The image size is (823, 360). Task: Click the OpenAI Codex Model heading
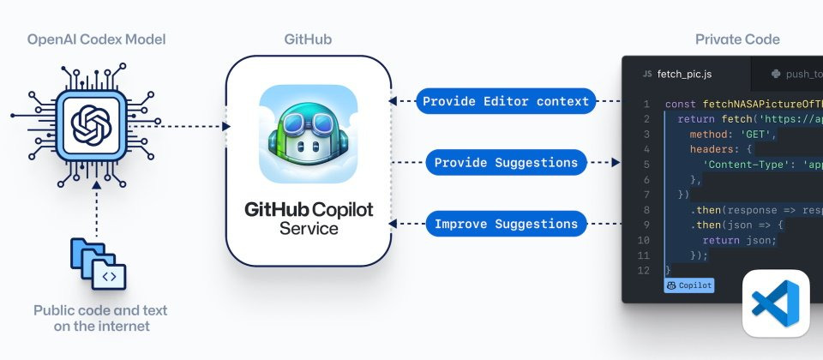pyautogui.click(x=97, y=39)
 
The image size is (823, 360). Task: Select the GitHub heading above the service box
pyautogui.click(x=308, y=39)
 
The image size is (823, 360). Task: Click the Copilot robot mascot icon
pyautogui.click(x=308, y=134)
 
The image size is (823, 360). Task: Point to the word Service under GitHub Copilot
pyautogui.click(x=309, y=229)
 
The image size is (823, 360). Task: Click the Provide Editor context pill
pyautogui.click(x=507, y=101)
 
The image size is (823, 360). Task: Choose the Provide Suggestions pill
pyautogui.click(x=506, y=162)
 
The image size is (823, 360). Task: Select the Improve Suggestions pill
pyautogui.click(x=506, y=224)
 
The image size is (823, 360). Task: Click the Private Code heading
pyautogui.click(x=737, y=39)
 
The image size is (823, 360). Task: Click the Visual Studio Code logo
pyautogui.click(x=775, y=303)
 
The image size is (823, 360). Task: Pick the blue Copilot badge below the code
pyautogui.click(x=688, y=285)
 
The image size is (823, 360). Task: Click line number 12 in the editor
pyautogui.click(x=645, y=270)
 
